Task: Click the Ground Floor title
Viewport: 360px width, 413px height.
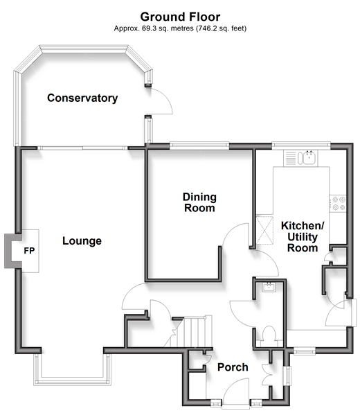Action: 180,17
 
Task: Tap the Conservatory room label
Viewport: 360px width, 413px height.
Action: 82,98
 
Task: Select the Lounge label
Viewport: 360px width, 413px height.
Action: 82,241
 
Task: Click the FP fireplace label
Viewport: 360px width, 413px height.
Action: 29,251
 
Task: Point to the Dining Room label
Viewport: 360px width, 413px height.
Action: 199,202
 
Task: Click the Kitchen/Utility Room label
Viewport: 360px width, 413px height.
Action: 303,237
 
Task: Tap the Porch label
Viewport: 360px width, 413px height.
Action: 233,367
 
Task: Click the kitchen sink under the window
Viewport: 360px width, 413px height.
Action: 300,158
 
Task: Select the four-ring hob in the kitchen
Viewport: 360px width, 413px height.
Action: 338,203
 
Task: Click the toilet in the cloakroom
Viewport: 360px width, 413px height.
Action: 269,334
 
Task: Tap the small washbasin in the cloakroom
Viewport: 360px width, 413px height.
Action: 269,287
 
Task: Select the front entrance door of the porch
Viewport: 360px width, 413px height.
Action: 236,392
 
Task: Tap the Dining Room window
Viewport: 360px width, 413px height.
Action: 199,145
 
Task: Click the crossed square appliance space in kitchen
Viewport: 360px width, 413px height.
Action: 264,230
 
